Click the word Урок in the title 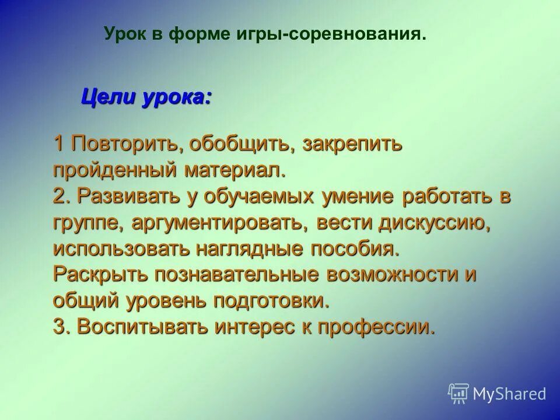tap(124, 34)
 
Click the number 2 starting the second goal tap(61, 196)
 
